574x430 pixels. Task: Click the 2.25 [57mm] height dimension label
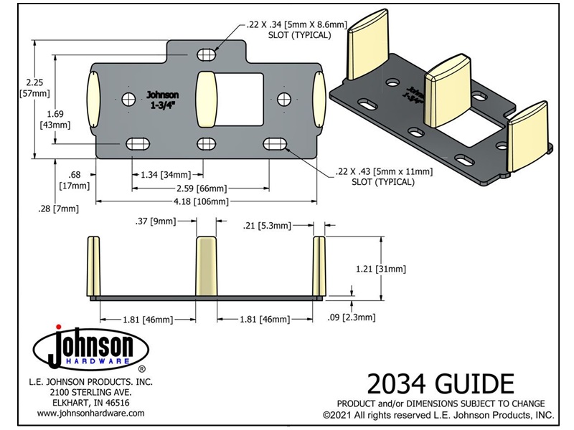point(34,87)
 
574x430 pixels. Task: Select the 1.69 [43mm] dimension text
point(55,119)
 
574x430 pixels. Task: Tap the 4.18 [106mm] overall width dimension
point(201,201)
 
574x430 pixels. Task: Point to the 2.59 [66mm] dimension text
point(202,188)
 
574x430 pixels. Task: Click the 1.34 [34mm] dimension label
point(166,175)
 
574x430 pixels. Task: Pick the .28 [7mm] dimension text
point(58,209)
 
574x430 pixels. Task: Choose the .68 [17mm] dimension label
point(75,181)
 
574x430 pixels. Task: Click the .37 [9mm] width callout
point(156,221)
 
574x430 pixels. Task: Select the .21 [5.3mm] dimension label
point(267,226)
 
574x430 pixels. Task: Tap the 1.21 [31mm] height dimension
point(381,269)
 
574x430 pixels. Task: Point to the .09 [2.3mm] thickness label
point(352,317)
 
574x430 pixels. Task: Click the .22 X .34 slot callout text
point(297,29)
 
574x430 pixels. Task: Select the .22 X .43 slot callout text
point(384,176)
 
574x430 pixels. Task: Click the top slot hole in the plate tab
point(207,55)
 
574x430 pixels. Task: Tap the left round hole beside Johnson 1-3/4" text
point(128,99)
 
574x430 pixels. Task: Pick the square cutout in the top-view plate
point(240,99)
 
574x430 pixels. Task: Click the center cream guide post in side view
point(206,266)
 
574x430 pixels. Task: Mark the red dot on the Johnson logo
point(58,327)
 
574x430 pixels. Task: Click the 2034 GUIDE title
point(441,384)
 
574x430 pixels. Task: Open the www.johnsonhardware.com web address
point(91,414)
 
